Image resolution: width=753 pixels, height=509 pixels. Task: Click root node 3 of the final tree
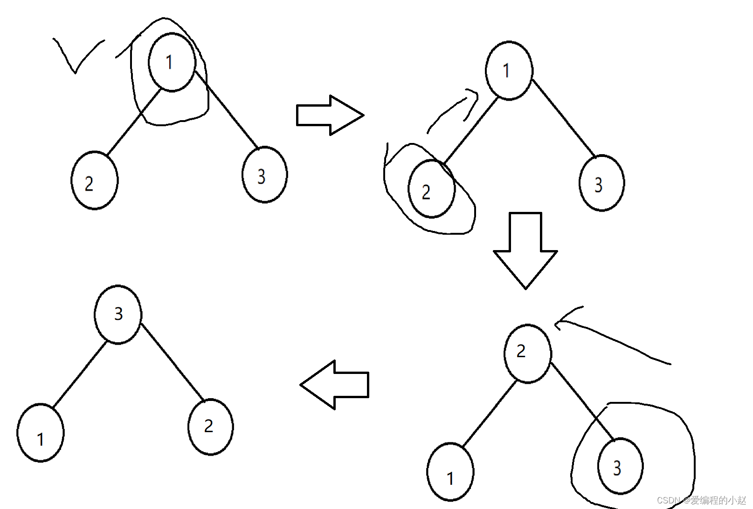click(x=118, y=314)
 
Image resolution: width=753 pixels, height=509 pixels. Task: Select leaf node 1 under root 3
click(x=41, y=433)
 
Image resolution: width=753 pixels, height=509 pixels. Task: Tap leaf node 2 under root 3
click(x=210, y=427)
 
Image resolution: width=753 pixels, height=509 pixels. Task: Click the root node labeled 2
click(x=528, y=353)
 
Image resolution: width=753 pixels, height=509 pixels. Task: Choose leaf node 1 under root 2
click(x=450, y=472)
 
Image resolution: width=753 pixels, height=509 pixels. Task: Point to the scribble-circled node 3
click(x=620, y=466)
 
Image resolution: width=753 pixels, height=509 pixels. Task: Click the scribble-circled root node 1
click(x=172, y=62)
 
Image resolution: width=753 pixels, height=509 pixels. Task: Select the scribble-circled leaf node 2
click(x=431, y=189)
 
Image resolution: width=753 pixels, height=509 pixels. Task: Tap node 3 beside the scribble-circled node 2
click(x=601, y=183)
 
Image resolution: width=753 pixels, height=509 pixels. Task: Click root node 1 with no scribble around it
click(x=509, y=70)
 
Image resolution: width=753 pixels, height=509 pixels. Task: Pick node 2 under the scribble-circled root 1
click(x=94, y=180)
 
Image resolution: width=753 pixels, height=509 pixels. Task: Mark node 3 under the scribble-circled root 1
click(x=264, y=175)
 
